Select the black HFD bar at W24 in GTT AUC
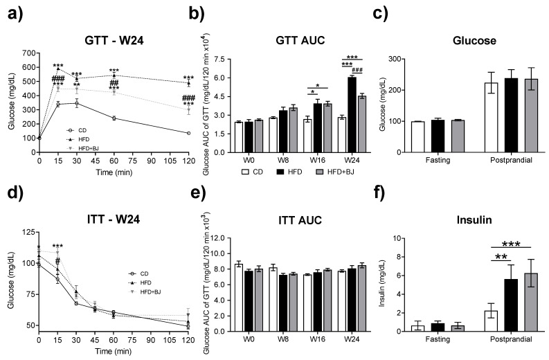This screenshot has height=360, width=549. coord(351,104)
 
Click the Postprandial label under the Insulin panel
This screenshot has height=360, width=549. coord(512,341)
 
